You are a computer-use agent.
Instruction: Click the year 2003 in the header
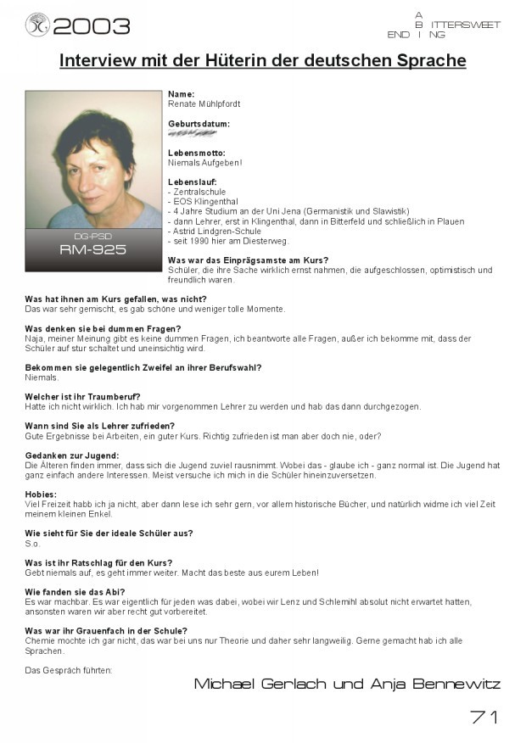pos(92,25)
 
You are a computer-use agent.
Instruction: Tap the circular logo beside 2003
pos(38,25)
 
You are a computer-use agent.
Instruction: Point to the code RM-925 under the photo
pos(93,250)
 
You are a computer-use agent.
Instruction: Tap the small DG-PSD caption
pos(93,236)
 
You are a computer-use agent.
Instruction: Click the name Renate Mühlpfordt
pos(204,103)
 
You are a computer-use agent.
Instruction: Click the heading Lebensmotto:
pos(197,153)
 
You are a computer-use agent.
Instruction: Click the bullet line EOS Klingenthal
pos(202,202)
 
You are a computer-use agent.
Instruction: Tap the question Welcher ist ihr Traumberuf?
pos(82,397)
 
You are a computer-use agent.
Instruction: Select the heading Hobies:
pos(41,494)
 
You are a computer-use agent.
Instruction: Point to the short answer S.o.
pos(33,544)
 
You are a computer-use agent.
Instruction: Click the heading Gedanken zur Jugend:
pos(71,455)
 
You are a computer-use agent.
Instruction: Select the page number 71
pos(484,718)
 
